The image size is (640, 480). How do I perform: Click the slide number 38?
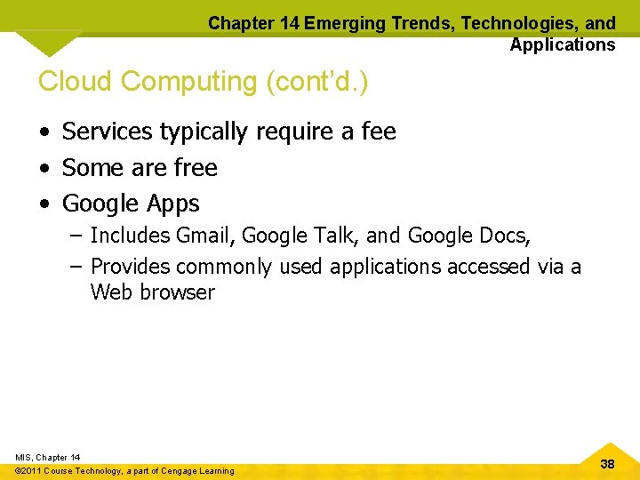coord(608,464)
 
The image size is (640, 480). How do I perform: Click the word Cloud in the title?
coord(76,82)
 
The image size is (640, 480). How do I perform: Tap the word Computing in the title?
coord(188,82)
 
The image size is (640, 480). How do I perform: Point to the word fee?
coord(379,132)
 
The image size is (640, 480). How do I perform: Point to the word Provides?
coord(131,267)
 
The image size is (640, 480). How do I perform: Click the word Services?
coord(107,132)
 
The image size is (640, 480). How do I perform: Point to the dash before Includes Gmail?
coord(76,236)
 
